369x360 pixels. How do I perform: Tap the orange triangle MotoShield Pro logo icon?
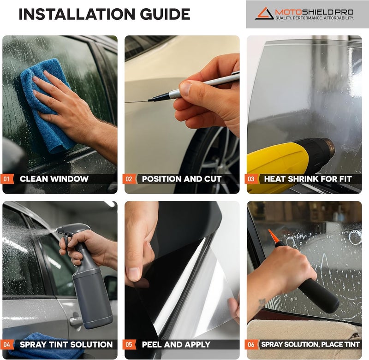coord(264,12)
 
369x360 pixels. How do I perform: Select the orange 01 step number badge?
coord(8,179)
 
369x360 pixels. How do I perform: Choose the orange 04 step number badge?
coord(8,344)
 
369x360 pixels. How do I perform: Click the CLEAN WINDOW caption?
coord(54,179)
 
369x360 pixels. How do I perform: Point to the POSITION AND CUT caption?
coord(182,179)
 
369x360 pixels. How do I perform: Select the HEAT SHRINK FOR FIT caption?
coord(308,179)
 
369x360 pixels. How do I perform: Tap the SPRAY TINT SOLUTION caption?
coord(66,344)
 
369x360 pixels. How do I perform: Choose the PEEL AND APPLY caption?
coord(176,344)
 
